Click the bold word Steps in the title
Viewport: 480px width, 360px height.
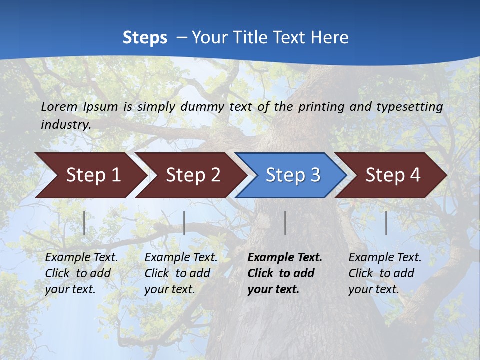pyautogui.click(x=145, y=38)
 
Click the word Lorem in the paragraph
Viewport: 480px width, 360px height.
pyautogui.click(x=59, y=106)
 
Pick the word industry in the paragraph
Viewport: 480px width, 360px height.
pyautogui.click(x=66, y=124)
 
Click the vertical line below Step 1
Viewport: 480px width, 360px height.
pyautogui.click(x=84, y=223)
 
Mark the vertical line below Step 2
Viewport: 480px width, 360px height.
pyautogui.click(x=184, y=223)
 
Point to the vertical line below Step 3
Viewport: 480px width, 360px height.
pyautogui.click(x=285, y=223)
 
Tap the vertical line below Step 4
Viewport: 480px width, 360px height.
pyautogui.click(x=386, y=223)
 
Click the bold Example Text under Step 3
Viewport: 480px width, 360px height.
pyautogui.click(x=285, y=258)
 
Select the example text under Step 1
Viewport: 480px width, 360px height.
pyautogui.click(x=81, y=273)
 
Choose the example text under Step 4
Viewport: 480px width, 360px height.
pyautogui.click(x=385, y=273)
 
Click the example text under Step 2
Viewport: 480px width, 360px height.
pyautogui.click(x=181, y=273)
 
